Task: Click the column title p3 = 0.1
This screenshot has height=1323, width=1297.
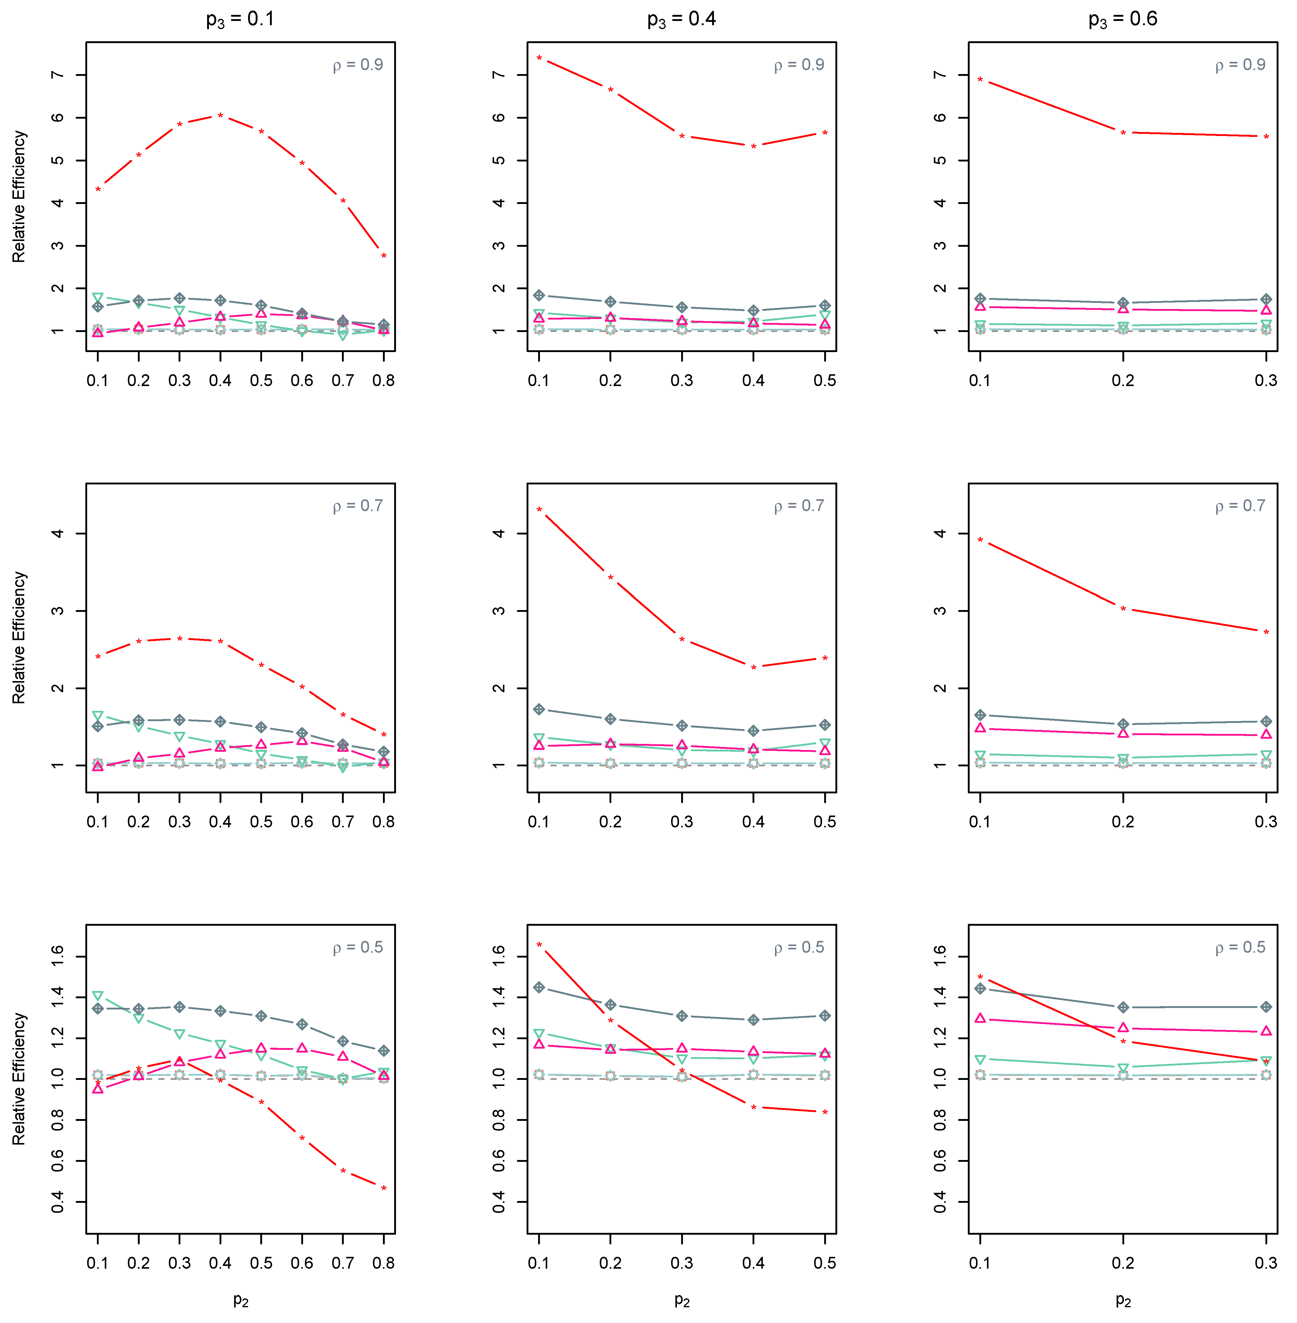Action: coord(241,19)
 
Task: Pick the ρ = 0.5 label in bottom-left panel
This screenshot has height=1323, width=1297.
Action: coord(358,947)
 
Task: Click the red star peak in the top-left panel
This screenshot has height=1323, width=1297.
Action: coord(220,116)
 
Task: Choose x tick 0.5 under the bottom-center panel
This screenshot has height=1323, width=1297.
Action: coord(824,1263)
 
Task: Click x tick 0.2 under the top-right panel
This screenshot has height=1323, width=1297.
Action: coord(1123,381)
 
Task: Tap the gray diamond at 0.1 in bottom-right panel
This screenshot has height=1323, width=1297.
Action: coord(980,988)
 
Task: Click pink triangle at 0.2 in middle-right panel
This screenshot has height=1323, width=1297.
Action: coord(1123,733)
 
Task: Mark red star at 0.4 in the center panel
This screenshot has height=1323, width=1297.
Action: coord(753,667)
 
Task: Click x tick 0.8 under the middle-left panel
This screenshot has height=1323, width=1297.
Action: coord(384,822)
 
